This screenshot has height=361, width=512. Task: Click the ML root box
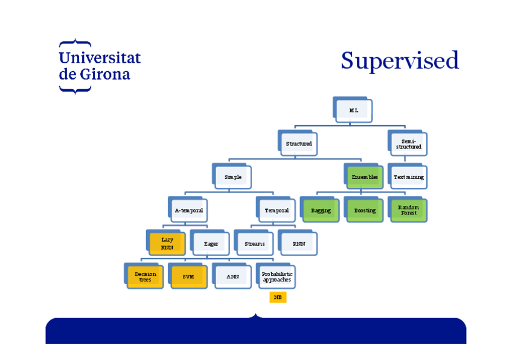click(x=353, y=110)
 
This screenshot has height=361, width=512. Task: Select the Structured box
click(x=299, y=144)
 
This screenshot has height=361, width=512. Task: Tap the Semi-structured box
click(x=409, y=144)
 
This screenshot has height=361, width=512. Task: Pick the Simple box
click(x=233, y=177)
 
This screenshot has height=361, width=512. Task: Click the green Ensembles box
click(x=365, y=177)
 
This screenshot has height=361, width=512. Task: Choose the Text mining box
click(x=409, y=177)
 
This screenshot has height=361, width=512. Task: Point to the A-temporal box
click(x=189, y=210)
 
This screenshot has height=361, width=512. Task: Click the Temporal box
click(x=277, y=210)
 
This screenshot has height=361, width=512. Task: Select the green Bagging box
click(x=321, y=210)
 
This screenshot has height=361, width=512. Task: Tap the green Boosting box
click(x=365, y=210)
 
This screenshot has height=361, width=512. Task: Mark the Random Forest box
click(x=409, y=210)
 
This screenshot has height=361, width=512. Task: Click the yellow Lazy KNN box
click(x=167, y=243)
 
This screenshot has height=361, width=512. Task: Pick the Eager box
click(x=211, y=243)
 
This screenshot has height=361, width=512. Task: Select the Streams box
click(x=255, y=243)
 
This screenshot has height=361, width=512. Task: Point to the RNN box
click(x=299, y=243)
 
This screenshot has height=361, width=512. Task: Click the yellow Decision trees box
click(x=145, y=277)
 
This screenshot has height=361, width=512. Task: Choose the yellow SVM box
click(x=188, y=277)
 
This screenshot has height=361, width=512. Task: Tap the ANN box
click(x=232, y=277)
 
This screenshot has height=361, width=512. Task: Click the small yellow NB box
click(x=278, y=297)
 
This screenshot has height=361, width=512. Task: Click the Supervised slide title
click(x=400, y=61)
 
